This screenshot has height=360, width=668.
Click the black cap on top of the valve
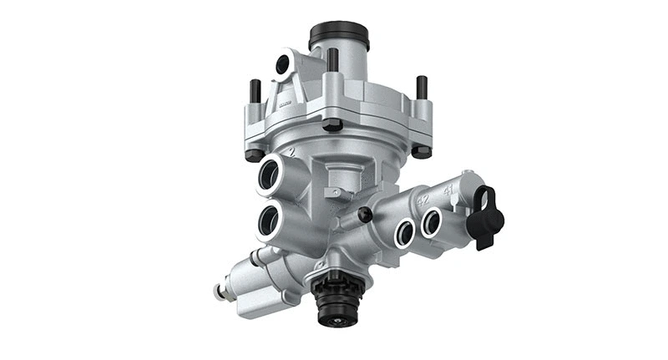(338, 35)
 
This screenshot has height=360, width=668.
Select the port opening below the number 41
(432, 222)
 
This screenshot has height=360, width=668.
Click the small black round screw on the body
(364, 215)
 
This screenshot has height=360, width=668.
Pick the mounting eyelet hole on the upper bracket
(283, 63)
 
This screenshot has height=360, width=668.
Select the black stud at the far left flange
(255, 92)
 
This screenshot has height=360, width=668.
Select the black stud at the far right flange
(422, 87)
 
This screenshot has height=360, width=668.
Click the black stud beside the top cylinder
(332, 58)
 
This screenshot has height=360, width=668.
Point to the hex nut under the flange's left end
(254, 154)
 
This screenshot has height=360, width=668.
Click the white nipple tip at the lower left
(219, 292)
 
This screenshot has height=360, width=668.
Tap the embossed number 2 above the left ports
(291, 153)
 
